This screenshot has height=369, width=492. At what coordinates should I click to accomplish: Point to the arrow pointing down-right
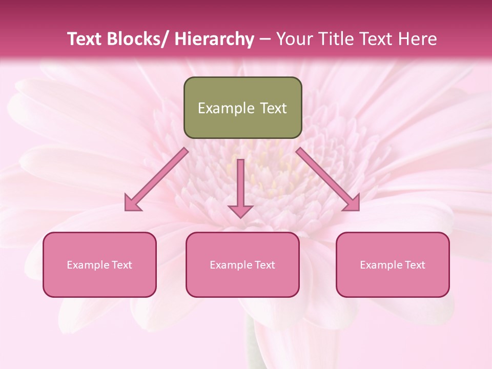(325, 177)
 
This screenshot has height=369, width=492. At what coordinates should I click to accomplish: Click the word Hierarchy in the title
(214, 39)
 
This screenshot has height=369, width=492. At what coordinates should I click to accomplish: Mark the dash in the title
(265, 39)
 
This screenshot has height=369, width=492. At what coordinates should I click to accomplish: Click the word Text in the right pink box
(415, 265)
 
